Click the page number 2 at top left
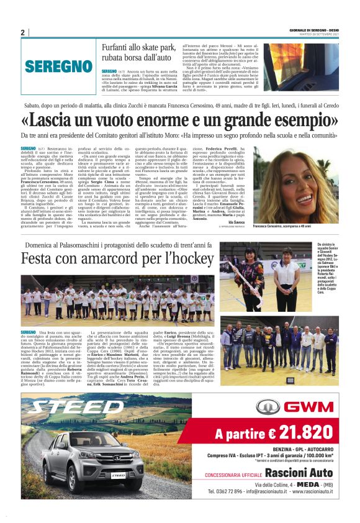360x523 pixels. (x=22, y=32)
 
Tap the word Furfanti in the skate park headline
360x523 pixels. (x=119, y=47)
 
